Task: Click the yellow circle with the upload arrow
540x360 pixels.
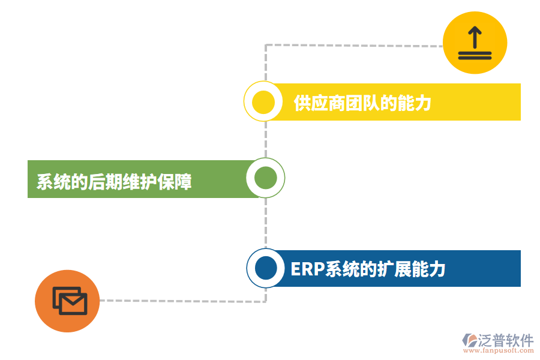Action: click(x=475, y=43)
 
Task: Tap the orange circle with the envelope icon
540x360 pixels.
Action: click(x=67, y=301)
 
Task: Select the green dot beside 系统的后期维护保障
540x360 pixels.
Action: click(x=265, y=178)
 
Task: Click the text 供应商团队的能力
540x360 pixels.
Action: click(x=362, y=103)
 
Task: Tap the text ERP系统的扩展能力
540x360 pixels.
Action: click(x=368, y=269)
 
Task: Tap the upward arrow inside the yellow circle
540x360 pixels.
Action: click(x=475, y=38)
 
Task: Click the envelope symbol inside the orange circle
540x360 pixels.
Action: click(x=70, y=301)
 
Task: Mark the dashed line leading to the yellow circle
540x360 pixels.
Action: click(x=354, y=45)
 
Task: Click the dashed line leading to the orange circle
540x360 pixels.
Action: click(x=180, y=301)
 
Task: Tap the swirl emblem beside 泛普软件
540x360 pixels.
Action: click(x=469, y=341)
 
